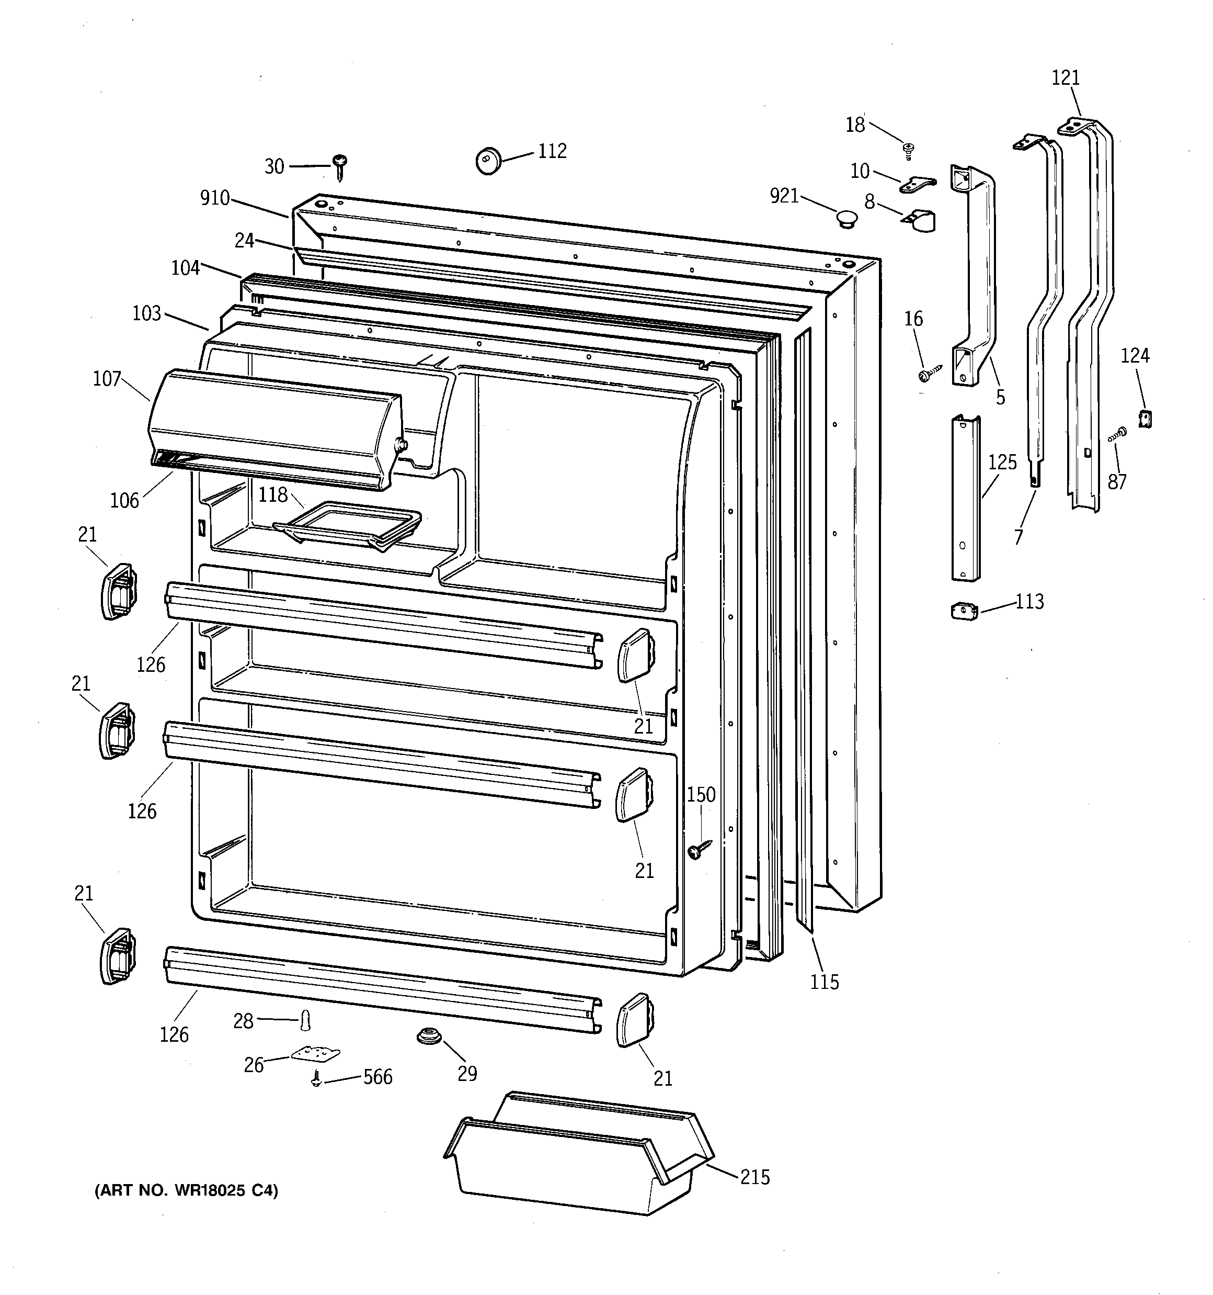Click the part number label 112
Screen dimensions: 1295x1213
point(552,152)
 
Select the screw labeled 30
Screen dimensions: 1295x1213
point(339,167)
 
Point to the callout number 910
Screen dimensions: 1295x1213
point(215,198)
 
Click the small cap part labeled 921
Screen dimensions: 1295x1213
point(846,218)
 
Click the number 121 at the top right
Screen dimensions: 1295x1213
point(1066,78)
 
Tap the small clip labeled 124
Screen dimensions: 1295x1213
point(1145,418)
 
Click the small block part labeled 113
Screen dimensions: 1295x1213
point(964,611)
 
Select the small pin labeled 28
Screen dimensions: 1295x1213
point(305,1021)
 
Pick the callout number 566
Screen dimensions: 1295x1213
point(377,1077)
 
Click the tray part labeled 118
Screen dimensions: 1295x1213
point(347,524)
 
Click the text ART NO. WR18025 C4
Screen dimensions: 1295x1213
point(187,1191)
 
